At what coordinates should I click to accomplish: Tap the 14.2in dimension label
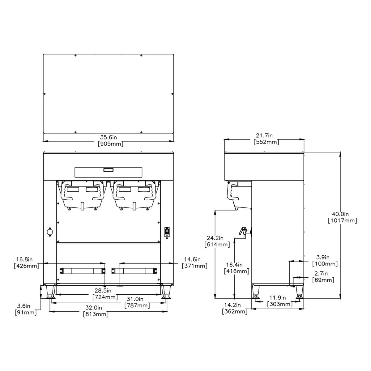[235, 305]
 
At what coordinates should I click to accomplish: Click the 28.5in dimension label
[105, 291]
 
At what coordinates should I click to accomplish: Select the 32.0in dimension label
[96, 308]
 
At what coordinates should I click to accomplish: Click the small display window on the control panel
[108, 169]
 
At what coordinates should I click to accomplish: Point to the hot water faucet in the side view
[243, 231]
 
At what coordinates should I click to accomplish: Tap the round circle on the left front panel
[49, 232]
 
